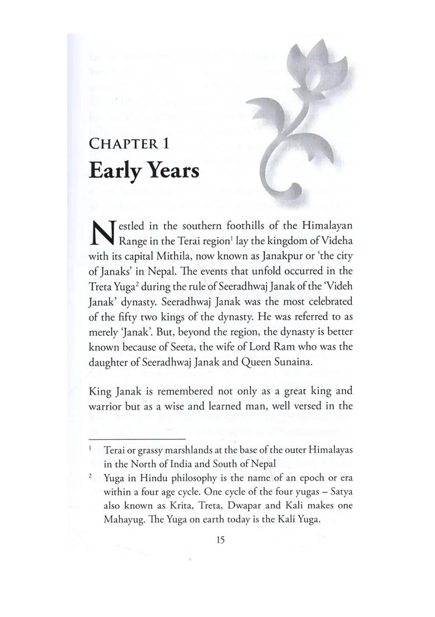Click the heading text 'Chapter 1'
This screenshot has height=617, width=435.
(x=129, y=144)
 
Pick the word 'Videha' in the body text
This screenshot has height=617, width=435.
(x=338, y=241)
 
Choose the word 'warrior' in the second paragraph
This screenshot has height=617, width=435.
(x=106, y=406)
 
